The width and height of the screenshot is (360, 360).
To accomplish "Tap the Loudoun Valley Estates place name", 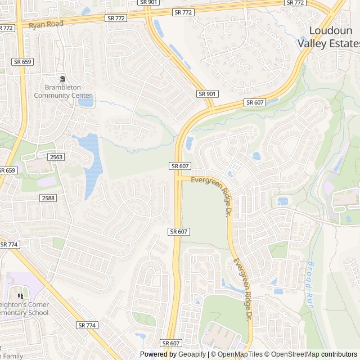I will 335,37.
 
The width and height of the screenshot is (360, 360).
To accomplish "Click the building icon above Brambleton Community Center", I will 62,79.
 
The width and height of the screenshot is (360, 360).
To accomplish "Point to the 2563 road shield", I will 56,157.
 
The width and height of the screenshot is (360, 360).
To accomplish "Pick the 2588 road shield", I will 48,197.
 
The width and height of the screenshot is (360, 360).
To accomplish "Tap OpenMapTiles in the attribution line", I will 239,354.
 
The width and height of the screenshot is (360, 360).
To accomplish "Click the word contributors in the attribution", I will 339,354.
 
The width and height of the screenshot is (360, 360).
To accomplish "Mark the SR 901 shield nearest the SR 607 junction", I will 207,93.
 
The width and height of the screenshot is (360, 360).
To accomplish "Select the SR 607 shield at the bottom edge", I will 171,343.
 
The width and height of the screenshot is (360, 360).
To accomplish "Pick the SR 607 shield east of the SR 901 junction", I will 255,102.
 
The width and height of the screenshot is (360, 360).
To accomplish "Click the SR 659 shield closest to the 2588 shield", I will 7,170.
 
